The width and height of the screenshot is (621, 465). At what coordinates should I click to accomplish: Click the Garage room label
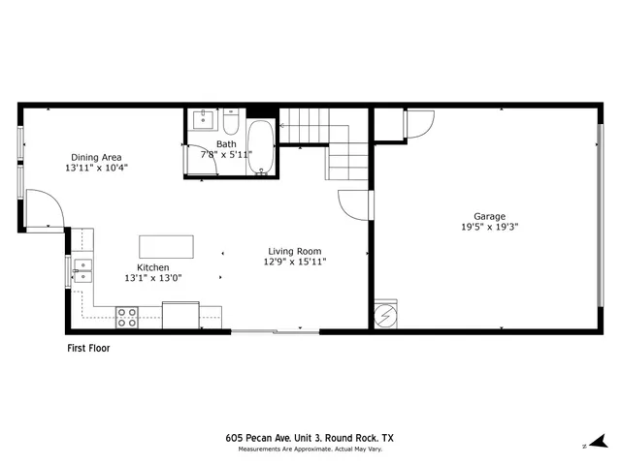point(489,217)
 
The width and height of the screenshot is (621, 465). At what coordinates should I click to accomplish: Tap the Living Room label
point(295,251)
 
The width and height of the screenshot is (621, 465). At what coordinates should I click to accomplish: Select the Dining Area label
point(96,157)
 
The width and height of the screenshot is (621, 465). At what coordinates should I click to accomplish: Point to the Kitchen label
point(153,267)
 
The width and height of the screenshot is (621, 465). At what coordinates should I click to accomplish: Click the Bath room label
point(226,143)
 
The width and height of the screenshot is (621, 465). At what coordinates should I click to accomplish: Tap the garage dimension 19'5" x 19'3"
point(489,228)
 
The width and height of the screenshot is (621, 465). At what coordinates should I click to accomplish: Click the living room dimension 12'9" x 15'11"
point(295,262)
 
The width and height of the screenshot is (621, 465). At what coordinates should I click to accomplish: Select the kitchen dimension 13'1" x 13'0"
point(153,278)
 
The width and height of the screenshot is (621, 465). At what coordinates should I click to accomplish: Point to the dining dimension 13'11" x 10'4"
point(96,168)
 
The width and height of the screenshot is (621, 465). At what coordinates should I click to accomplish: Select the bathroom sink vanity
point(203,120)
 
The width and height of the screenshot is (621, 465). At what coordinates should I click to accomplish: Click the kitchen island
point(166,246)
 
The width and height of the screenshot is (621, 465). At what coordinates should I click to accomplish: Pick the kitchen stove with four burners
point(127,316)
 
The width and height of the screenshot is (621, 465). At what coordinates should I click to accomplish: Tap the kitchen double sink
point(82,270)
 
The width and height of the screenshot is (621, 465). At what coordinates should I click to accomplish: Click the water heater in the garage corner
point(385,316)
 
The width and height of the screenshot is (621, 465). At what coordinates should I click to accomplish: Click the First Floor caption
point(87,348)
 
